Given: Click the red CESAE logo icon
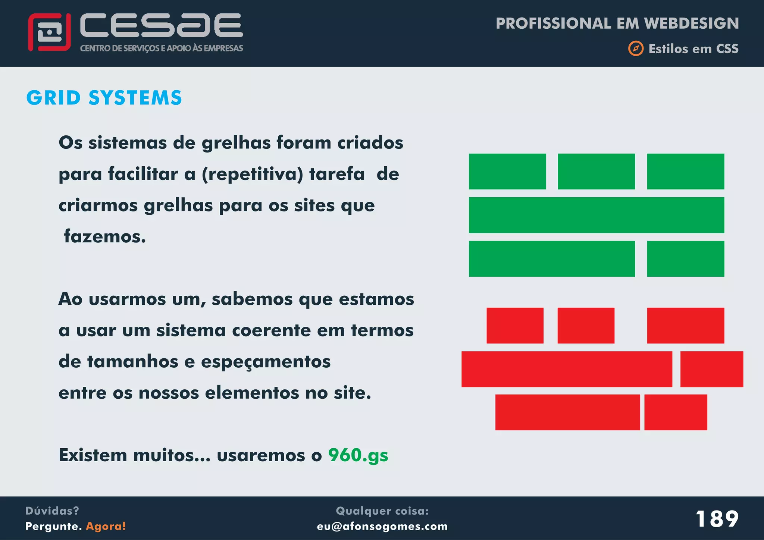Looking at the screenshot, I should (49, 32).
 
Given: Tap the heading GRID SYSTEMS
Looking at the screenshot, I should (104, 98).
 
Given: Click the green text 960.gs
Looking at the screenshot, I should (358, 455).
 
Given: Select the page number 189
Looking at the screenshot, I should (717, 519).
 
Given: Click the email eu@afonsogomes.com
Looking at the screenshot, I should (382, 526).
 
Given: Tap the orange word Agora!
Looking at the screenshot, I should (106, 526).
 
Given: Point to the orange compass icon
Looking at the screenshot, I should (636, 48).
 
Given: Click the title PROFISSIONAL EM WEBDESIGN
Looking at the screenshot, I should (617, 23).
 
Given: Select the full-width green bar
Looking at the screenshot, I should (596, 215).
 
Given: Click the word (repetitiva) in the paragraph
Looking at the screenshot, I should (252, 174).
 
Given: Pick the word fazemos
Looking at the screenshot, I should (105, 236).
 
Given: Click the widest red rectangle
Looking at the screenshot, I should (566, 369).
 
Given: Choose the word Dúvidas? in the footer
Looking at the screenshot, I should (52, 511).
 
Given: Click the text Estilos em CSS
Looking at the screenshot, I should (693, 49).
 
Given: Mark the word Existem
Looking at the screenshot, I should (93, 455).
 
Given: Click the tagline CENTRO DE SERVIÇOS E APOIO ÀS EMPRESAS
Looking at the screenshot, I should (162, 48).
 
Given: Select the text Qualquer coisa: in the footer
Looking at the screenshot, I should (382, 511).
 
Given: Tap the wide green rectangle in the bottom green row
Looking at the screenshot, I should (552, 259).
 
